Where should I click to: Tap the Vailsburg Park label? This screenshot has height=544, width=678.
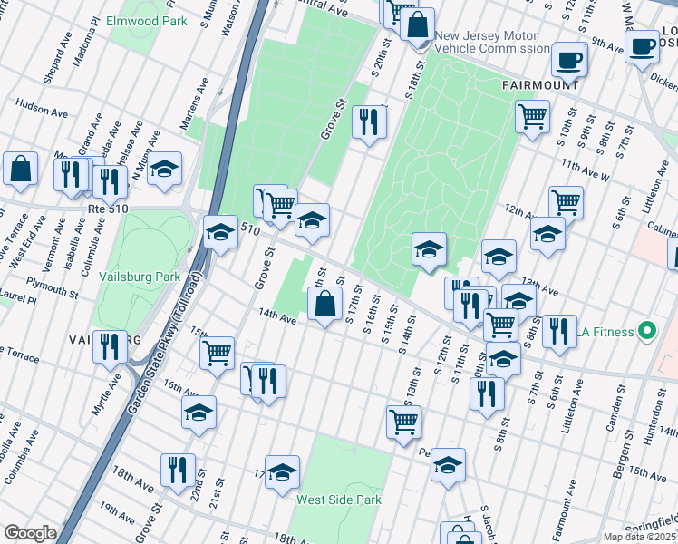(x=140, y=277)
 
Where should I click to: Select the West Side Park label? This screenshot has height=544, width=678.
(x=339, y=500)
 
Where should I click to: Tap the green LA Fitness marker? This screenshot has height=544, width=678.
(x=646, y=332)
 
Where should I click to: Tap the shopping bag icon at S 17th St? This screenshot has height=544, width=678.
(x=324, y=305)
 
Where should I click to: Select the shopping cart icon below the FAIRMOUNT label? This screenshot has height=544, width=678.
(x=532, y=115)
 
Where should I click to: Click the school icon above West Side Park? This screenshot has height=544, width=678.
(x=283, y=470)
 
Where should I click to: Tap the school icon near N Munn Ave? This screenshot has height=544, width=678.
(x=165, y=169)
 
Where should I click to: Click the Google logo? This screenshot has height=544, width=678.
(x=29, y=533)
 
